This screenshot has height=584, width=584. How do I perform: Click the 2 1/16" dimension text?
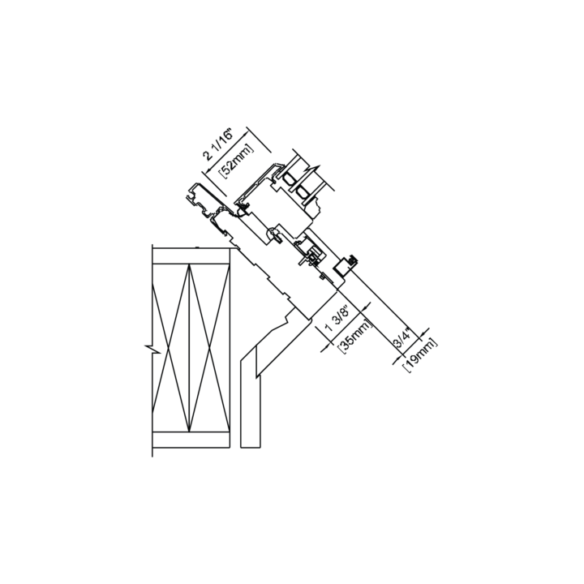[x=218, y=144]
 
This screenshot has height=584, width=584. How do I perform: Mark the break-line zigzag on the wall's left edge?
[x=152, y=350]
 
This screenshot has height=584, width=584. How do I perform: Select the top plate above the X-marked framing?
[x=191, y=256]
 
